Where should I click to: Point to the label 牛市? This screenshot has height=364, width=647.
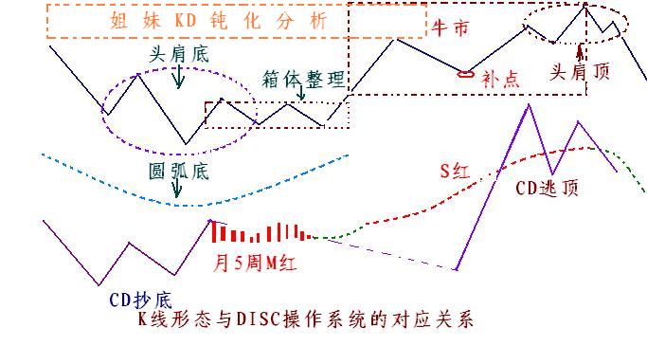click(x=450, y=28)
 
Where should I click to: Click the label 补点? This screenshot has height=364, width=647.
click(x=500, y=80)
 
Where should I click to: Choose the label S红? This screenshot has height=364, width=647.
click(x=455, y=172)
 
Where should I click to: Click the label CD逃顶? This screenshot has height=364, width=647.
click(x=547, y=188)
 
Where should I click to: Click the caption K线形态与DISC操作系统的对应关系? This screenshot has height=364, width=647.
click(x=305, y=319)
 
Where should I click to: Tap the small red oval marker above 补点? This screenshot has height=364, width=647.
click(x=465, y=74)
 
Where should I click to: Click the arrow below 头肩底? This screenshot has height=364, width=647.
click(x=177, y=78)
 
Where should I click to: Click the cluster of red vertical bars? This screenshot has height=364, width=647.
click(x=261, y=232)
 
